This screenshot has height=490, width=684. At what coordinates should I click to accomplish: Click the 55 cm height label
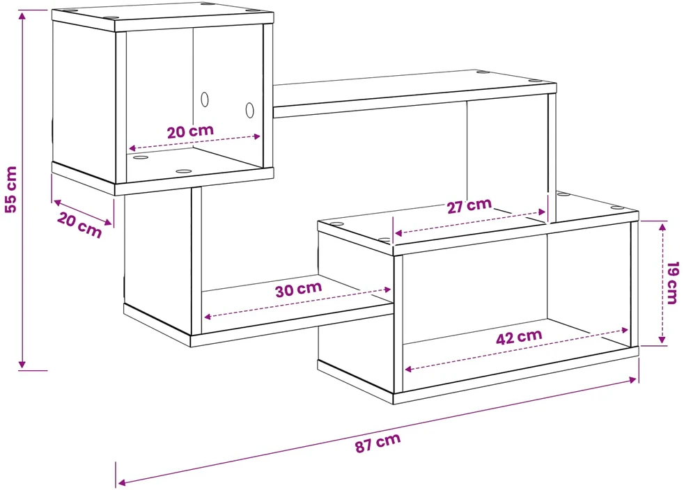[x=10, y=189]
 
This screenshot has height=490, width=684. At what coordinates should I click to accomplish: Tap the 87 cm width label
[x=378, y=443]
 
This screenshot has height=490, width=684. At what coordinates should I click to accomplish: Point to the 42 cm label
[x=519, y=337]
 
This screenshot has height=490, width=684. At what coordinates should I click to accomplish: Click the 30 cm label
[x=299, y=289]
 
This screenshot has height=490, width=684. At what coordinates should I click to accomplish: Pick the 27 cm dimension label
[x=469, y=206]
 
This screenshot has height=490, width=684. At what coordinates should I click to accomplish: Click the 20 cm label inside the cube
[x=191, y=132]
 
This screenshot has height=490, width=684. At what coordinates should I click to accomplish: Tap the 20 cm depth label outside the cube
[x=79, y=226]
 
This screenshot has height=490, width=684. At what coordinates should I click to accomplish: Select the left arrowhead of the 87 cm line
[x=122, y=482]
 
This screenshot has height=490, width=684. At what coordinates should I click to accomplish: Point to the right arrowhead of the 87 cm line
[x=633, y=380]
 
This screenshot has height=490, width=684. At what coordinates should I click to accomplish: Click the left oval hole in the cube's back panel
[x=205, y=100]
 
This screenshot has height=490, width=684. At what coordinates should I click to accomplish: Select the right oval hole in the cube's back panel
[x=249, y=110]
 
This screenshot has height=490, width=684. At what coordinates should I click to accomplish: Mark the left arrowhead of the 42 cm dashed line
[x=409, y=370]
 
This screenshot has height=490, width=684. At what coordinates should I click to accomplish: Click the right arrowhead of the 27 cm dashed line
[x=542, y=212]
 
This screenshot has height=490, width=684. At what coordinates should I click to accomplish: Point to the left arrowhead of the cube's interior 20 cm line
[x=132, y=148]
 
